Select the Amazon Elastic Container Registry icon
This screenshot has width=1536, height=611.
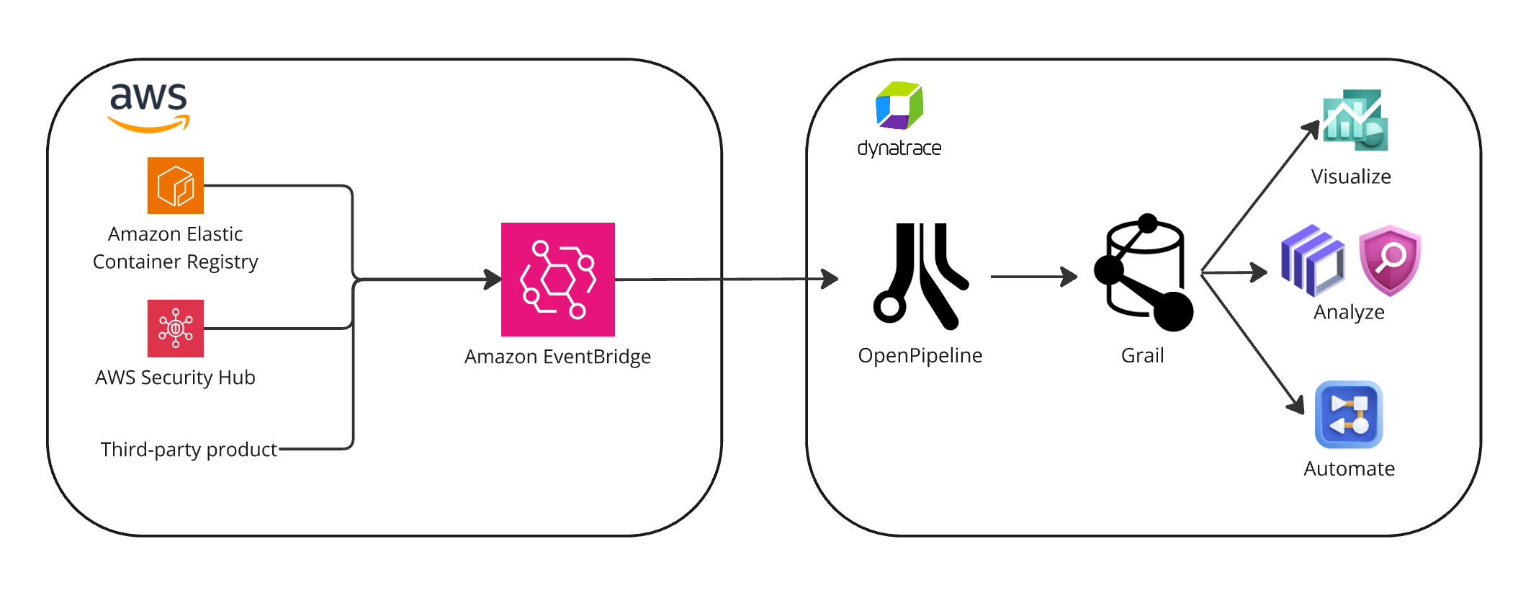pos(176,186)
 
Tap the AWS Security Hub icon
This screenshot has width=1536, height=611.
pos(176,329)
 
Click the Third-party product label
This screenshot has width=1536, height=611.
pos(189,450)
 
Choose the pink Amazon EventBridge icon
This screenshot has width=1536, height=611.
pos(558,280)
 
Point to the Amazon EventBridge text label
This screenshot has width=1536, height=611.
pos(557,357)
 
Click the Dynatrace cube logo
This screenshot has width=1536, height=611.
pos(899,106)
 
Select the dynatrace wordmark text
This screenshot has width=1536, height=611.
pos(899,148)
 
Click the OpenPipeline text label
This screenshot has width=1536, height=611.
pos(920,355)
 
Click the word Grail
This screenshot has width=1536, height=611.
pos(1143,355)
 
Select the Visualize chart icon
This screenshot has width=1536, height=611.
pos(1355,120)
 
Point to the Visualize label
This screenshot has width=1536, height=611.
pos(1351,177)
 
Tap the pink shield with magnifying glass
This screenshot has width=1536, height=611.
pos(1390,260)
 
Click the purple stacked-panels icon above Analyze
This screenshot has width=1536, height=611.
pos(1313,261)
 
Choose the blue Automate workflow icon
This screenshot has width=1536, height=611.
pos(1349,415)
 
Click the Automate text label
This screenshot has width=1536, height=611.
pos(1349,469)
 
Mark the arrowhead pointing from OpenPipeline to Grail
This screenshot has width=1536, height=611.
pos(1070,276)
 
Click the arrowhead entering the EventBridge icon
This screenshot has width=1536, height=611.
pos(494,280)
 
